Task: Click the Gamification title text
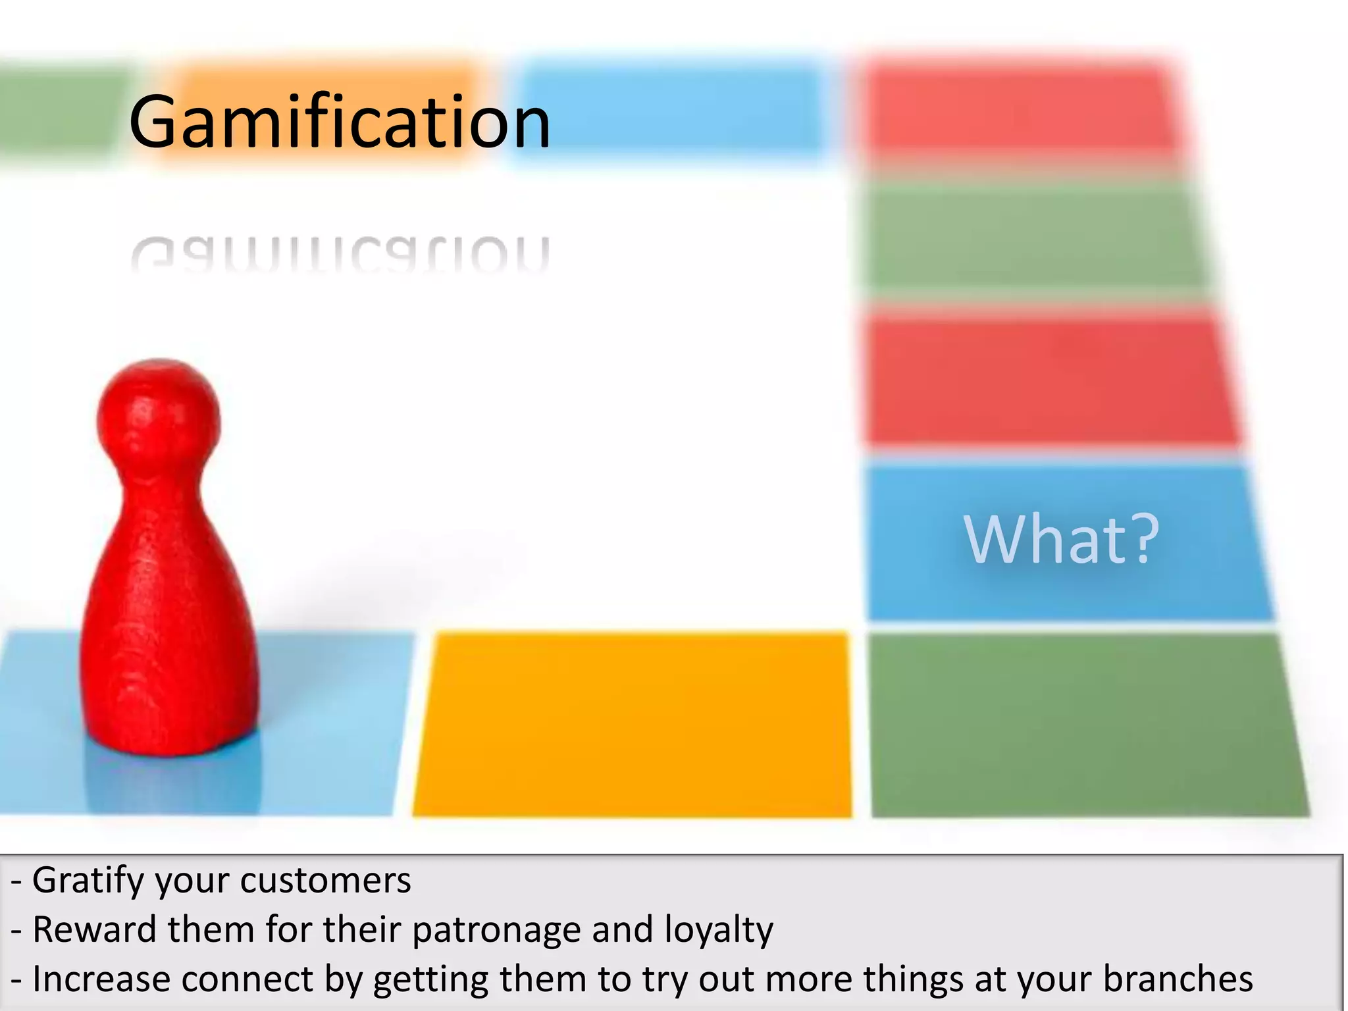[x=339, y=122]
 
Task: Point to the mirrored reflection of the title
[x=339, y=253]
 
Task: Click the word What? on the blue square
[x=1060, y=540]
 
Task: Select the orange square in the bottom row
[x=632, y=724]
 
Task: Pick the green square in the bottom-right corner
[x=1086, y=724]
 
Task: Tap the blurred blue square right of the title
[x=665, y=109]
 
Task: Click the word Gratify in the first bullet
[x=88, y=881]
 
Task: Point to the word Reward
[x=94, y=929]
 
